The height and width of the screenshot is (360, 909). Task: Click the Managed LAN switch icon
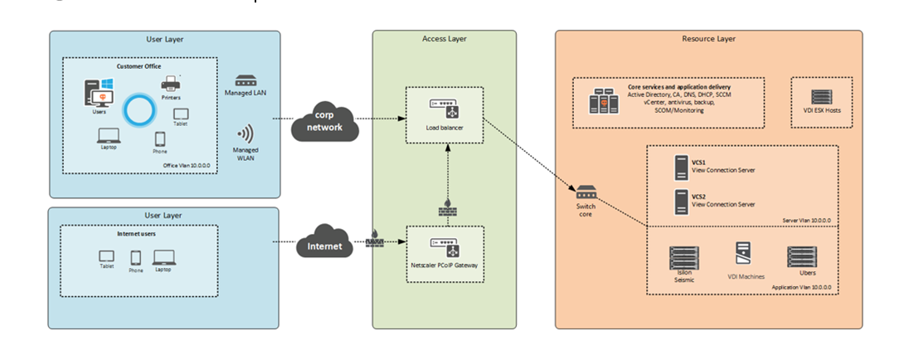point(246,81)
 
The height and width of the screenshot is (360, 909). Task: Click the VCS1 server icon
point(680,168)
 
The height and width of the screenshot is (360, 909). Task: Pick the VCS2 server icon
point(680,200)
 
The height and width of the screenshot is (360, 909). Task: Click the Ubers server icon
point(801,254)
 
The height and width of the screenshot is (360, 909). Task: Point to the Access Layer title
point(444,39)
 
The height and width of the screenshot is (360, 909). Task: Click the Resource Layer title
point(708,39)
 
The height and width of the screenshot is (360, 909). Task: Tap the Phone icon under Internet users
point(135,256)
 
